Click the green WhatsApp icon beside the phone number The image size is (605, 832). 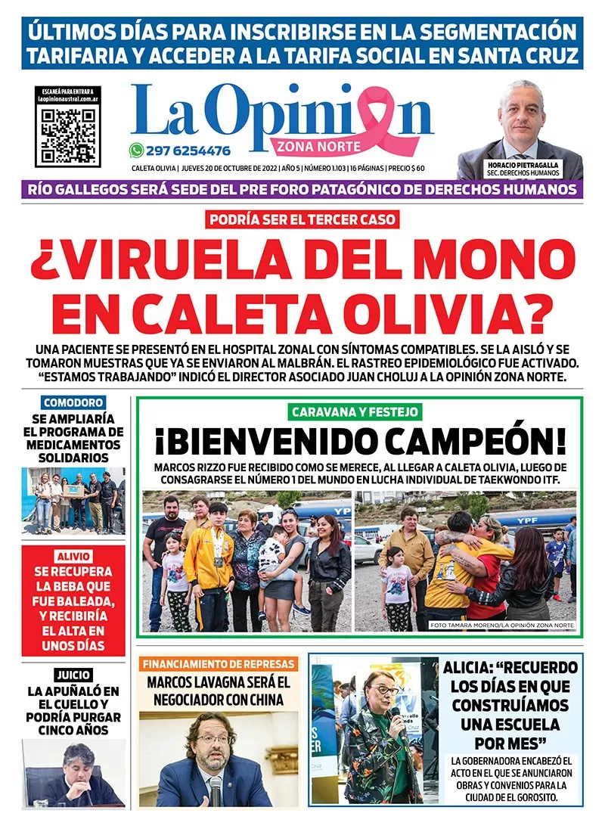click(x=136, y=150)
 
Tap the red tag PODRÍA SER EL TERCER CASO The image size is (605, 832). click(x=302, y=220)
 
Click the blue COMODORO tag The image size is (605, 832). click(x=73, y=403)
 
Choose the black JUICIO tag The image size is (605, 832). click(x=73, y=675)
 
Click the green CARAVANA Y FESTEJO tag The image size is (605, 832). click(x=355, y=412)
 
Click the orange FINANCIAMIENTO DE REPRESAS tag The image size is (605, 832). click(x=219, y=664)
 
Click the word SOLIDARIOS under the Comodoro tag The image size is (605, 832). click(x=73, y=458)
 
